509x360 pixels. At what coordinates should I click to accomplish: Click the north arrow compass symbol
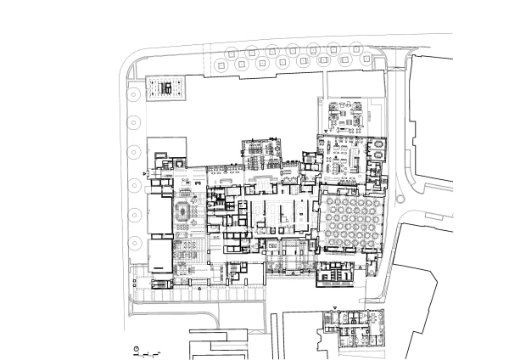(x=137, y=348)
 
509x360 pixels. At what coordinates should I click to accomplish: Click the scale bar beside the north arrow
(x=150, y=350)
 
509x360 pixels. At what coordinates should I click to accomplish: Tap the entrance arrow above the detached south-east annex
(x=337, y=307)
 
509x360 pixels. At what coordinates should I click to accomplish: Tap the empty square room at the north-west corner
(x=162, y=146)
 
